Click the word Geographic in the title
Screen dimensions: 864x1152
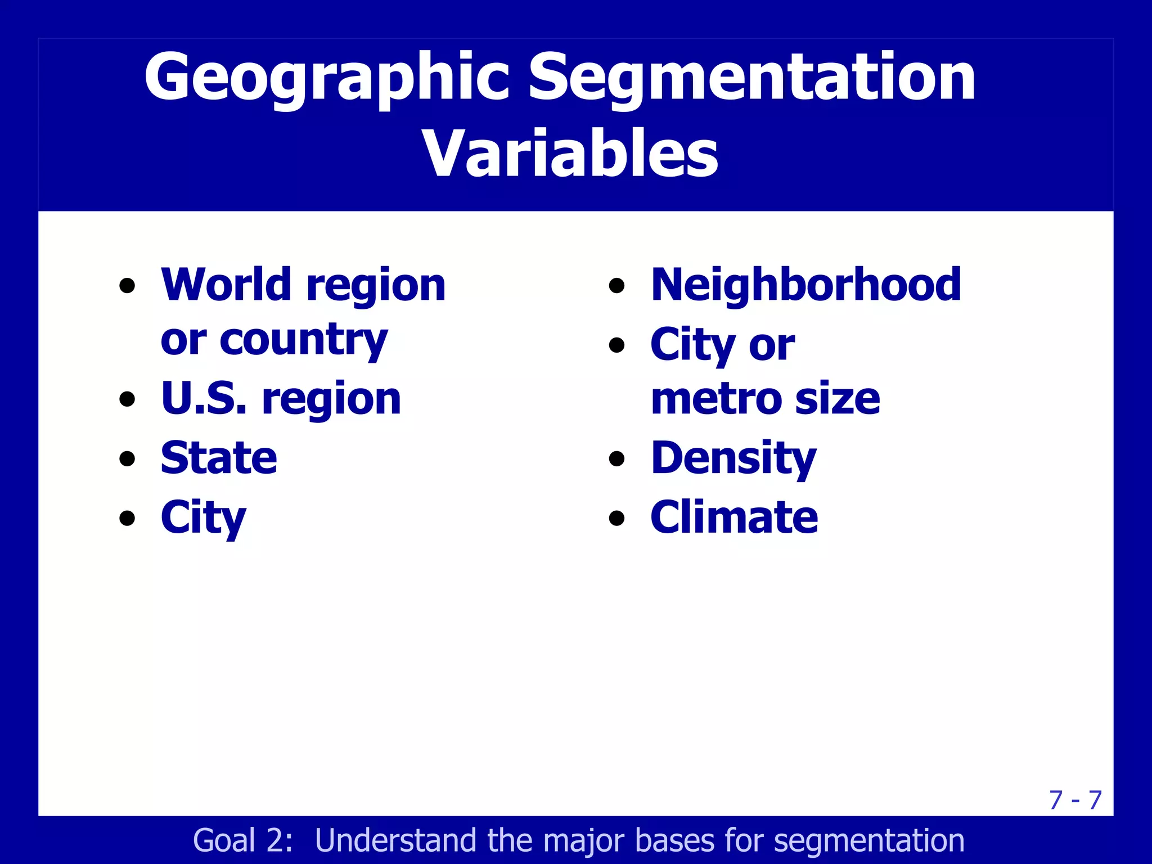pyautogui.click(x=327, y=78)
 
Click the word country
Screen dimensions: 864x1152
pyautogui.click(x=303, y=340)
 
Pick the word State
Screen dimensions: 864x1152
pyautogui.click(x=219, y=458)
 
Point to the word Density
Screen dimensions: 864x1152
pyautogui.click(x=733, y=458)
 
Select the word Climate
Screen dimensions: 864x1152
pyautogui.click(x=734, y=517)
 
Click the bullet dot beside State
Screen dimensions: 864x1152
pyautogui.click(x=128, y=458)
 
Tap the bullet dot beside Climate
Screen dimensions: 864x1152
pyautogui.click(x=617, y=517)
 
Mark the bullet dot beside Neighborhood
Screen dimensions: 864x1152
pyautogui.click(x=617, y=285)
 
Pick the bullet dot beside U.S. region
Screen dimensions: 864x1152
pyautogui.click(x=128, y=399)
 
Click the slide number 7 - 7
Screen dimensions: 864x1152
pyautogui.click(x=1075, y=800)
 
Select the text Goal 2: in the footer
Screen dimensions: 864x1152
pyautogui.click(x=242, y=840)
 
